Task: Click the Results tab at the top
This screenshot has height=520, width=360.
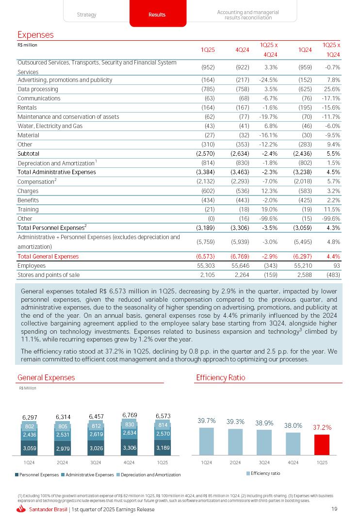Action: point(157,15)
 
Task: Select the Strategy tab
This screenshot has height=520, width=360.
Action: point(86,15)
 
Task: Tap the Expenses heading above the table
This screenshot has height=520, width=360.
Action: point(35,35)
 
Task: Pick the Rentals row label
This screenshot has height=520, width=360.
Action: point(27,108)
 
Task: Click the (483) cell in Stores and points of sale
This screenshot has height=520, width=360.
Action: point(332,275)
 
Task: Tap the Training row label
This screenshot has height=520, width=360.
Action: point(28,209)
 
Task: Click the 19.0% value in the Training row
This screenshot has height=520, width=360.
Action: point(269,209)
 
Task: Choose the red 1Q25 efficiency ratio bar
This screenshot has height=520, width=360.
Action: point(321,444)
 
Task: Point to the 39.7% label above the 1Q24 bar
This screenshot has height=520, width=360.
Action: point(207,421)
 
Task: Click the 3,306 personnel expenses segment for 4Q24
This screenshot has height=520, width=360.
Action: point(130,448)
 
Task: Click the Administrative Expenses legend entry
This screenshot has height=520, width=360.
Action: point(89,474)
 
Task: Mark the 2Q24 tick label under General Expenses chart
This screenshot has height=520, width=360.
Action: point(63,462)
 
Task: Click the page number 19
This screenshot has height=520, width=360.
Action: point(334,509)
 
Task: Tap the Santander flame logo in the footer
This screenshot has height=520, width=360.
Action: point(21,509)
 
